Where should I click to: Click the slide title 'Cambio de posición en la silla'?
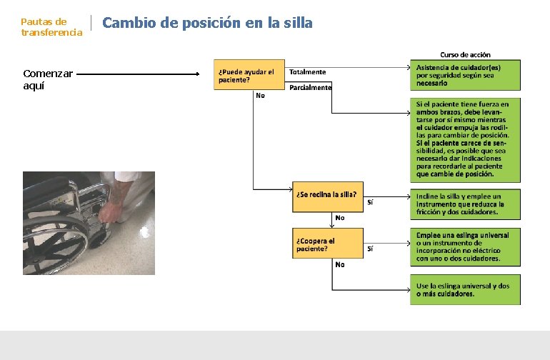[208, 23]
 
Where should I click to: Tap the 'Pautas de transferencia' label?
[51, 27]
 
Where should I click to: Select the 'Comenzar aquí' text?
[49, 79]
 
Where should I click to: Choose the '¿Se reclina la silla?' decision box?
[328, 196]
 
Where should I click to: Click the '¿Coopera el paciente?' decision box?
[328, 244]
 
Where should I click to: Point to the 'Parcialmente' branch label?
[311, 88]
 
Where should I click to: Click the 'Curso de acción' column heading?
[465, 54]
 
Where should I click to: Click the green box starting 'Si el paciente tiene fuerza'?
[465, 139]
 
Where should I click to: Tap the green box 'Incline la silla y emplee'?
[465, 204]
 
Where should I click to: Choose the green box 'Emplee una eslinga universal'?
[465, 246]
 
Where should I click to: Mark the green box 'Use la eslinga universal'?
[465, 289]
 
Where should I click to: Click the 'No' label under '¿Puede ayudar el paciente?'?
[260, 96]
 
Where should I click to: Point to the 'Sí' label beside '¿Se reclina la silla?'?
[370, 202]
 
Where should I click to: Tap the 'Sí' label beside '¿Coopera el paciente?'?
[370, 249]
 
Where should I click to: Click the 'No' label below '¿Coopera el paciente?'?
[340, 264]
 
